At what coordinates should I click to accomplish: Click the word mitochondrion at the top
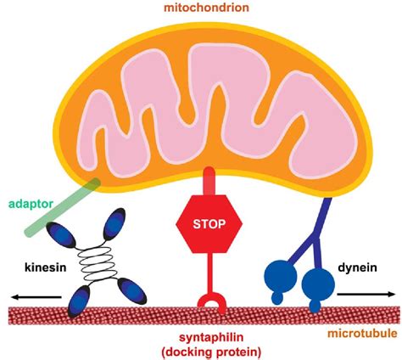pyautogui.click(x=200, y=9)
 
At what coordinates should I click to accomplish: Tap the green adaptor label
pyautogui.click(x=27, y=205)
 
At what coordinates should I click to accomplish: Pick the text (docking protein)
pyautogui.click(x=207, y=351)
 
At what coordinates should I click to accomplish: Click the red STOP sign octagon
pyautogui.click(x=209, y=224)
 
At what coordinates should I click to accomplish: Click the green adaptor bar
pyautogui.click(x=64, y=208)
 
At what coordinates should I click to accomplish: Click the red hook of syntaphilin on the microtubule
pyautogui.click(x=209, y=302)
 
